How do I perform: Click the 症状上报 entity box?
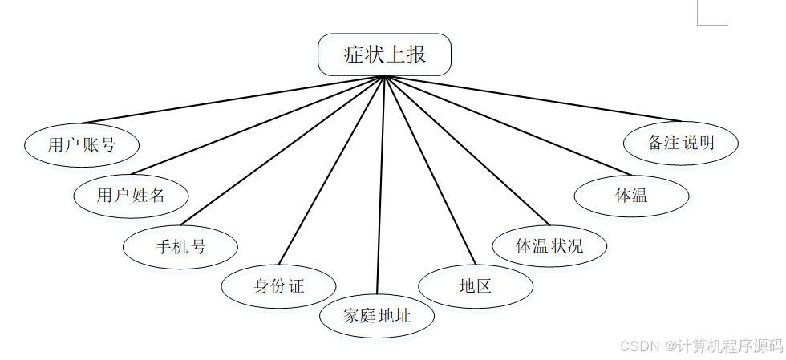(x=385, y=55)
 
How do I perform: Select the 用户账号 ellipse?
(x=82, y=145)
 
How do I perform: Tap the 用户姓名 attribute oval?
(x=131, y=195)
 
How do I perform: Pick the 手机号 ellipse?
(x=180, y=246)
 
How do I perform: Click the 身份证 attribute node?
(x=278, y=286)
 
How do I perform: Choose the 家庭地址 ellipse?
(x=377, y=315)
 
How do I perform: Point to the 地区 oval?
(x=476, y=286)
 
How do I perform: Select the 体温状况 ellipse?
(x=549, y=245)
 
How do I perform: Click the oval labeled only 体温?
(x=631, y=195)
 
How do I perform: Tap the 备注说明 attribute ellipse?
(x=681, y=144)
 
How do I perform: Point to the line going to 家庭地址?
(x=381, y=184)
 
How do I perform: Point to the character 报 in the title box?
(x=415, y=55)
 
